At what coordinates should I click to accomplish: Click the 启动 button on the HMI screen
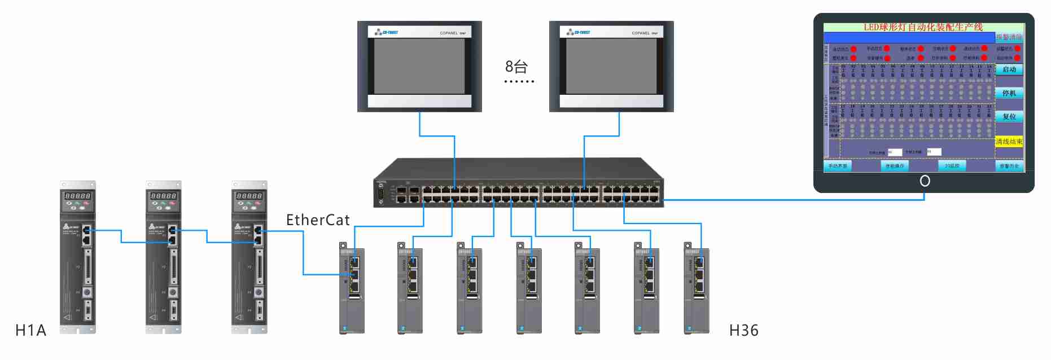[1009, 69]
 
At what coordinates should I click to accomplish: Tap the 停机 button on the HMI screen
[1009, 93]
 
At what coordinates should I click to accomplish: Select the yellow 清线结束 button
[1009, 142]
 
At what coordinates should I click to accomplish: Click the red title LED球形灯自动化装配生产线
[923, 27]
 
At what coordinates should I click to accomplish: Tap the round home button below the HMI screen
[925, 181]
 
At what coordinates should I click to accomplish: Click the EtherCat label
[318, 220]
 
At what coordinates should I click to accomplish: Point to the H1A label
[30, 331]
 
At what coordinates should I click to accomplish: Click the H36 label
[743, 331]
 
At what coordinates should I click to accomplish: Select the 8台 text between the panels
[516, 67]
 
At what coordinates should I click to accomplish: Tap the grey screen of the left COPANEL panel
[419, 67]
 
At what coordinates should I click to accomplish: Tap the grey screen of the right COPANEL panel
[611, 67]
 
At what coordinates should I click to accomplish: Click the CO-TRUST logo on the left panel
[387, 33]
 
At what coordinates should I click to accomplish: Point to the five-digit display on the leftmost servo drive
[78, 196]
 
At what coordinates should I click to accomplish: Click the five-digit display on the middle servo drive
[164, 196]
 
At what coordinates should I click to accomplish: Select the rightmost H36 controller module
[697, 291]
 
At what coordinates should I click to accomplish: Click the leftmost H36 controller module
[352, 291]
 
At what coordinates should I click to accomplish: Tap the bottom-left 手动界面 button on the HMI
[838, 166]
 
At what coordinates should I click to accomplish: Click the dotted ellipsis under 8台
[519, 82]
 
